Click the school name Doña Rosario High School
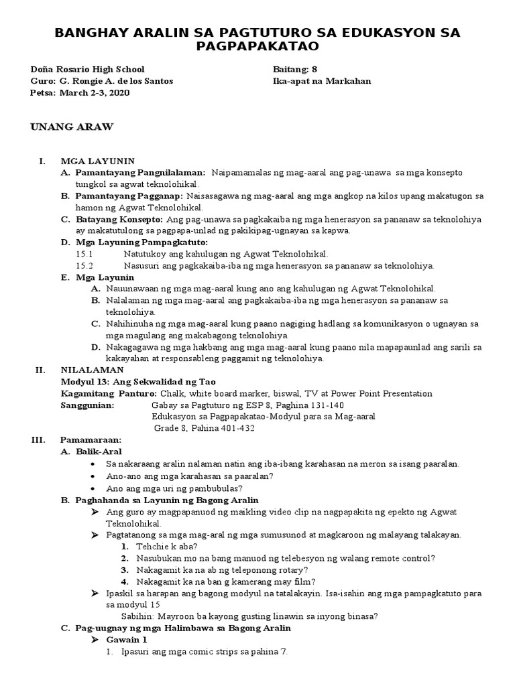(x=87, y=69)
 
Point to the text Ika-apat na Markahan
(x=322, y=81)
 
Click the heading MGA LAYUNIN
(x=98, y=161)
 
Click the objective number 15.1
(x=85, y=254)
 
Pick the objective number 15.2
(x=85, y=265)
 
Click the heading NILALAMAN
(x=92, y=370)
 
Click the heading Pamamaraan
(x=91, y=440)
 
